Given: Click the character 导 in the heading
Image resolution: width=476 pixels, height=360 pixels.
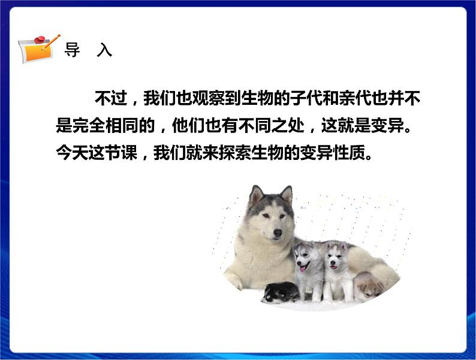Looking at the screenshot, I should tap(72, 51).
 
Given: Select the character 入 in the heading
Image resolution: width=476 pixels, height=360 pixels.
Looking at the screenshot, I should tap(104, 51).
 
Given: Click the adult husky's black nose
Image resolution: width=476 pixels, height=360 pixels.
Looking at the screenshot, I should tap(276, 232).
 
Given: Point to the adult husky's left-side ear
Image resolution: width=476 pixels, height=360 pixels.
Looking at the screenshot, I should tap(257, 195).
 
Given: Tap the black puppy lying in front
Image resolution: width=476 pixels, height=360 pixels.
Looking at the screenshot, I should tap(278, 292).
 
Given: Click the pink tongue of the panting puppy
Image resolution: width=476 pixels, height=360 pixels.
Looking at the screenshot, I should tap(303, 268).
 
